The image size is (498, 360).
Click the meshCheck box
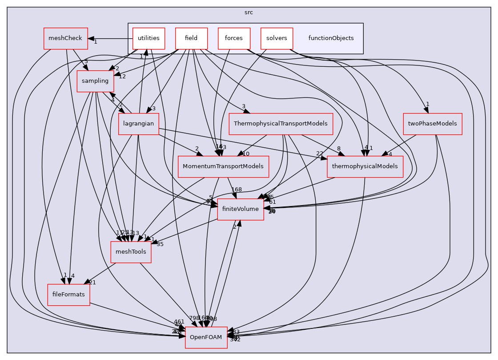coord(63,38)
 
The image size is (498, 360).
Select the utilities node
coord(149,38)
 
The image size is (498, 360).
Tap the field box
coord(191,38)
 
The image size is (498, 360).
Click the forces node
coord(234,38)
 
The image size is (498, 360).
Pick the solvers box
coord(277,38)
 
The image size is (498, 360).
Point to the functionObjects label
coord(331,38)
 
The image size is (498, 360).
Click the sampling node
coord(95,81)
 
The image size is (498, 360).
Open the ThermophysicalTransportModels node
coord(281,124)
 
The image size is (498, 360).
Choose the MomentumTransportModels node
coord(223,166)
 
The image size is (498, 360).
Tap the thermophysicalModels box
coord(365,166)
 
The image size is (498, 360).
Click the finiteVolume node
coord(241,209)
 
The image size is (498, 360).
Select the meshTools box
coord(131,252)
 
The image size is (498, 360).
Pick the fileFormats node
coord(69,295)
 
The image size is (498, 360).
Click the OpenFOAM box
coord(206,338)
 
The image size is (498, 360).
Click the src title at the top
coord(249,12)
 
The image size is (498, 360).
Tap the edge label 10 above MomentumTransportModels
coord(245,154)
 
